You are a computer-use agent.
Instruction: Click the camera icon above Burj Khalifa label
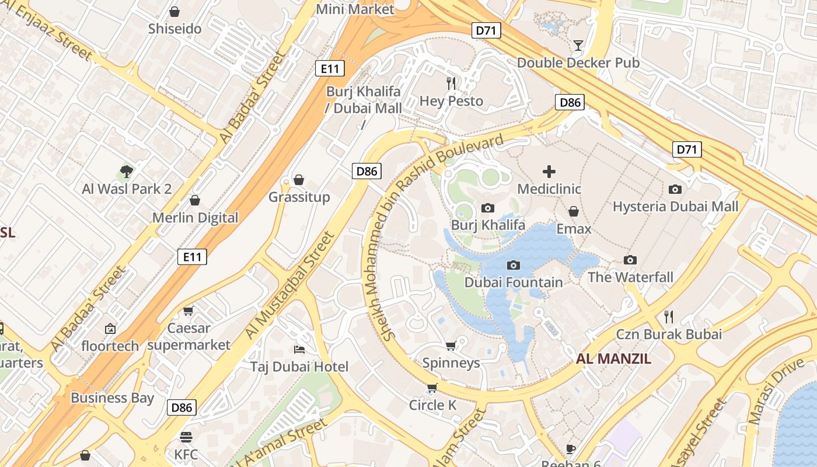[488, 208]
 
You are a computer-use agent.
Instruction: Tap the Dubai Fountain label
[514, 283]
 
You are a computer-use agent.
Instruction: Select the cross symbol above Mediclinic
[549, 172]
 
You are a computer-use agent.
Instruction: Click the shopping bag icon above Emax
[574, 211]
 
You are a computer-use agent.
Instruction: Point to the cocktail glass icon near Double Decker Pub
[578, 45]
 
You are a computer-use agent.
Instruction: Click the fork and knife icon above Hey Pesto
[451, 83]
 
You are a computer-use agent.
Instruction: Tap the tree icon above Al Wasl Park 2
[127, 172]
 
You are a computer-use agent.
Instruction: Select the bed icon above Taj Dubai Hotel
[299, 350]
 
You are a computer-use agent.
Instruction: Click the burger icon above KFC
[186, 437]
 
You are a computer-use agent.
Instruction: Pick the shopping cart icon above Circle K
[432, 388]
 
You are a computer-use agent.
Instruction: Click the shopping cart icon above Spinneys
[451, 346]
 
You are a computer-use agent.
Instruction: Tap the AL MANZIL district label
[613, 358]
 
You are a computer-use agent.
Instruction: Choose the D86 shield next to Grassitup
[366, 171]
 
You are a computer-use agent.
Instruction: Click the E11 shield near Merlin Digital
[192, 256]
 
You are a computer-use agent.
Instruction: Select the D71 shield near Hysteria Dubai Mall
[687, 149]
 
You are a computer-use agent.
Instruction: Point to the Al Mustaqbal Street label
[290, 285]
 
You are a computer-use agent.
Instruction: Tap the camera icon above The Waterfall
[630, 260]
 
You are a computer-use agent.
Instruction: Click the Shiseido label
[174, 29]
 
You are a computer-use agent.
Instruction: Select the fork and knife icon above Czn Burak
[669, 317]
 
